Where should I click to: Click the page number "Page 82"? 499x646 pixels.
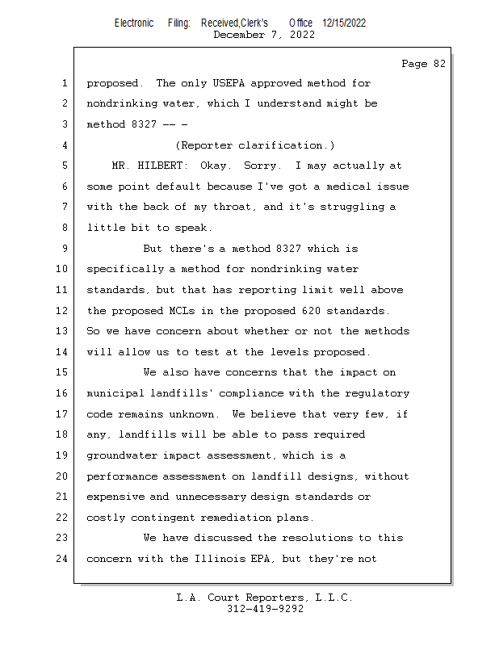click(x=423, y=64)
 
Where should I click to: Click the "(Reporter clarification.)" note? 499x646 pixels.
click(x=254, y=145)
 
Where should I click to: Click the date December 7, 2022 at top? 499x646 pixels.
click(x=264, y=35)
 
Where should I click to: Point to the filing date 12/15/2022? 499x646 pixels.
click(x=343, y=23)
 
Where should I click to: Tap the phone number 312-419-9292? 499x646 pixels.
click(x=265, y=609)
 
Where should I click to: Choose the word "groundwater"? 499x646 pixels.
click(x=121, y=455)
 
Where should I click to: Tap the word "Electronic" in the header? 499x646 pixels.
click(x=134, y=23)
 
